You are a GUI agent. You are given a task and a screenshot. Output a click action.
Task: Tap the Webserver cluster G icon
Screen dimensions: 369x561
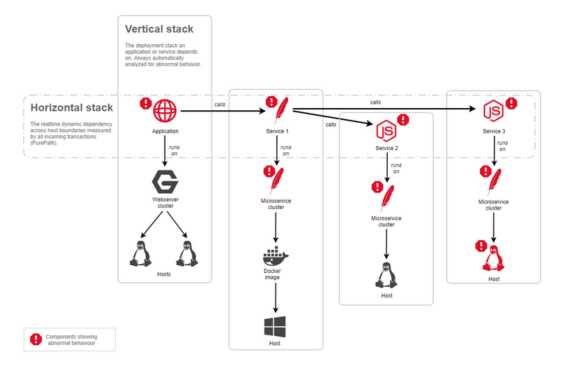pos(165,182)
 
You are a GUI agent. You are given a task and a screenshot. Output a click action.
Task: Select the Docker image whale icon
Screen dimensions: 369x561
pos(272,255)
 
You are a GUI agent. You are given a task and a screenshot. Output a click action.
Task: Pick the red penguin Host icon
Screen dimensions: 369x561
pos(494,259)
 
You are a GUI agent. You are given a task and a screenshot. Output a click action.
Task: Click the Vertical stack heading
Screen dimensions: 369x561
pos(158,29)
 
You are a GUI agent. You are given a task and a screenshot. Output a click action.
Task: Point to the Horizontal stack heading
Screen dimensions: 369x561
pos(72,107)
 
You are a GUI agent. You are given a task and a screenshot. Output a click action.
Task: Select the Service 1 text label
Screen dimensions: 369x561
pos(278,132)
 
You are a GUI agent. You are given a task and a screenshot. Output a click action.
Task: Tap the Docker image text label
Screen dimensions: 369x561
pos(273,274)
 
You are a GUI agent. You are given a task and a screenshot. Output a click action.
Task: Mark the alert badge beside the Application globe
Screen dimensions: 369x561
pos(145,103)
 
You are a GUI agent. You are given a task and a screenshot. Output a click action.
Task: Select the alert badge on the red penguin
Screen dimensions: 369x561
pos(481,246)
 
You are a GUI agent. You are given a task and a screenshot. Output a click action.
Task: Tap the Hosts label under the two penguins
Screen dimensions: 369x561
pos(163,274)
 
